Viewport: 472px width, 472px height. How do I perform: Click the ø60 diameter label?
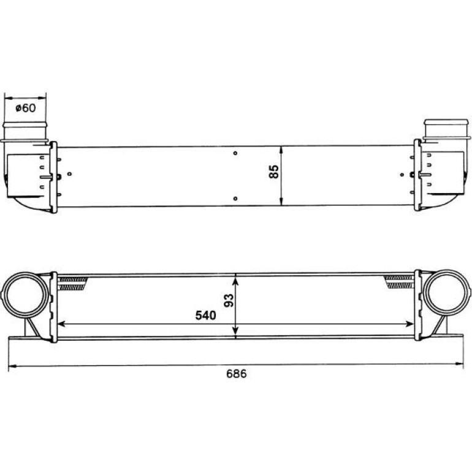(x=26, y=107)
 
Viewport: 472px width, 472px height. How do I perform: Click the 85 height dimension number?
(x=273, y=172)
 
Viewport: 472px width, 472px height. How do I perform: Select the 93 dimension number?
(x=229, y=300)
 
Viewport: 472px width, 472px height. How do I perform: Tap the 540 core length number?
(x=205, y=315)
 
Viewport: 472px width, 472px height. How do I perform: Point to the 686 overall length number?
(x=236, y=373)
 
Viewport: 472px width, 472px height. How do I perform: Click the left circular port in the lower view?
(x=25, y=294)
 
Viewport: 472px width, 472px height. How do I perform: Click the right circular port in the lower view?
(x=447, y=292)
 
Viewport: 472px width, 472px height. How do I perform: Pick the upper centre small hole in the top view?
(x=235, y=153)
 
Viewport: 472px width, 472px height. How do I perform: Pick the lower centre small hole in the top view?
(x=235, y=199)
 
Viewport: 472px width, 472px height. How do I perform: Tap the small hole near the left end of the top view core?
(x=70, y=173)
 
